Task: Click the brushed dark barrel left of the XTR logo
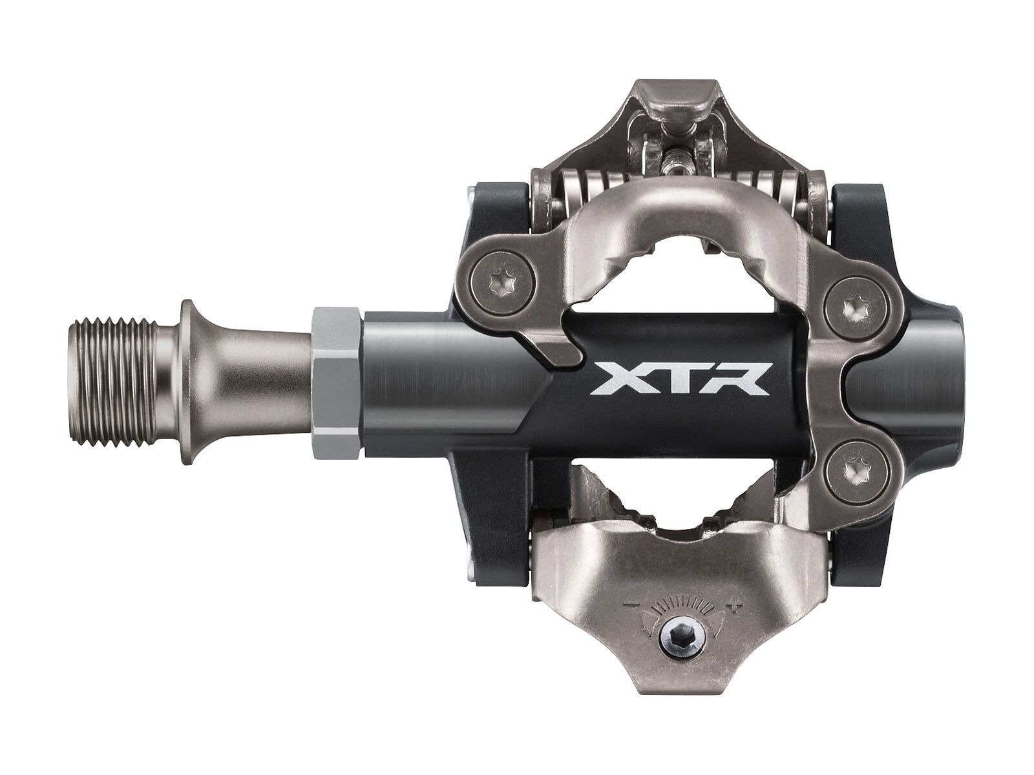click(x=439, y=381)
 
